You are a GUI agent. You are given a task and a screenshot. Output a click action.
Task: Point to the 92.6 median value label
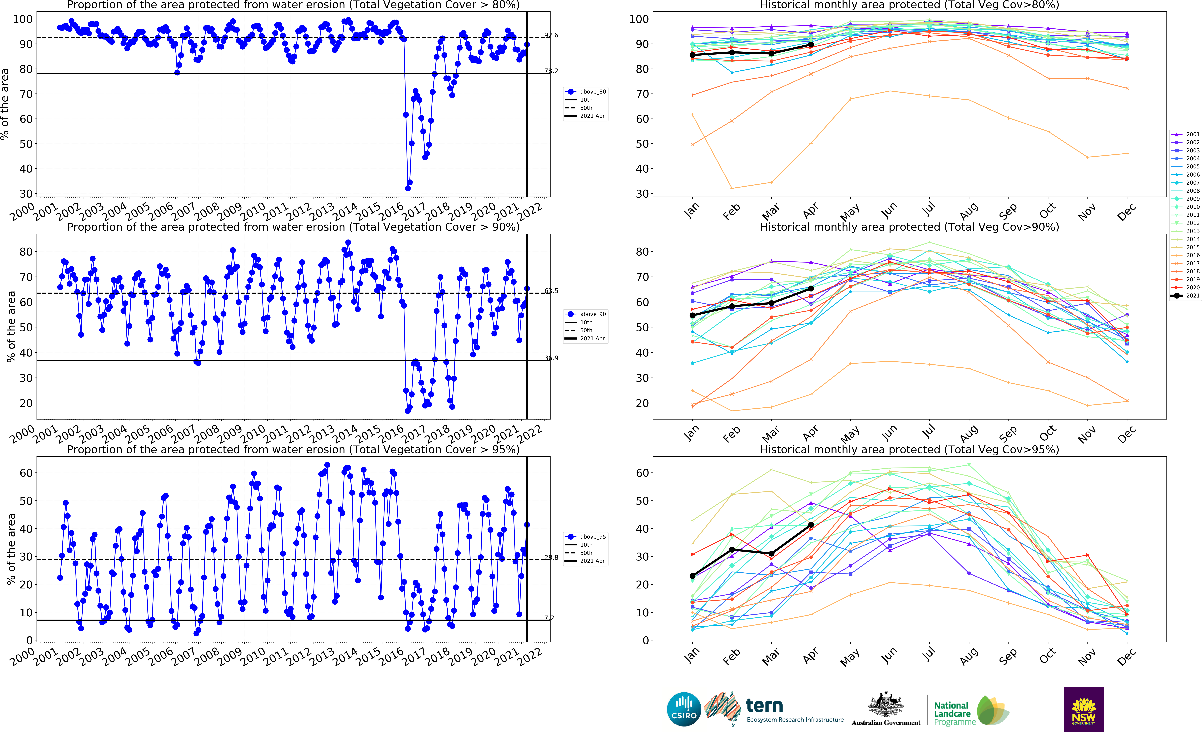(x=551, y=35)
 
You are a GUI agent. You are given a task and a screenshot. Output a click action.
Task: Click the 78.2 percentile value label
(x=551, y=71)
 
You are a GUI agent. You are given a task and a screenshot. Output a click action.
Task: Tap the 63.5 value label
(x=551, y=291)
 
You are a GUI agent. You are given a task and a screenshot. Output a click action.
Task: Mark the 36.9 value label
(x=551, y=358)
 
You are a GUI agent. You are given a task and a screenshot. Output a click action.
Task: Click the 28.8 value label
(x=551, y=558)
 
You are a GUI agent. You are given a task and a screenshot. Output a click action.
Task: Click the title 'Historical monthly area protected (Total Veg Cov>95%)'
(x=909, y=449)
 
